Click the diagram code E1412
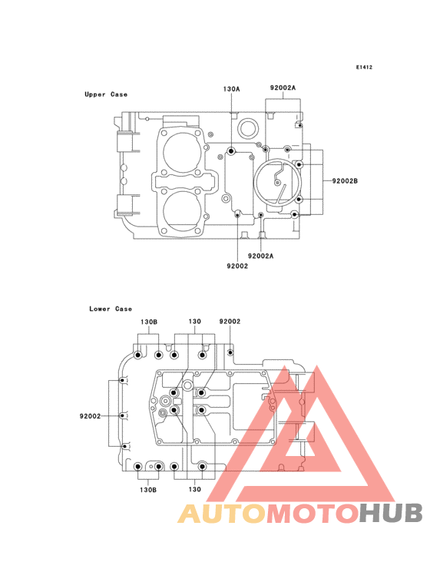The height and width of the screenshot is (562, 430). click(364, 67)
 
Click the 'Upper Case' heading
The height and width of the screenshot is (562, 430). click(106, 94)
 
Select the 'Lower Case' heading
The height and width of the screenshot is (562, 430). click(111, 309)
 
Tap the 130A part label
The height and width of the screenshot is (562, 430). click(231, 89)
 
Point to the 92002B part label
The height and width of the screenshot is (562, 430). click(345, 181)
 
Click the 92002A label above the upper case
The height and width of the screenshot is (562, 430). click(283, 88)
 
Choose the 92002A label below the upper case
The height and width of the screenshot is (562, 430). click(260, 256)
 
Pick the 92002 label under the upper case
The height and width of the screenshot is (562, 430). click(237, 266)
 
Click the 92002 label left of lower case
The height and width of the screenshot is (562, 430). click(90, 416)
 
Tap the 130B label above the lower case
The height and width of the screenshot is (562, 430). click(149, 322)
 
